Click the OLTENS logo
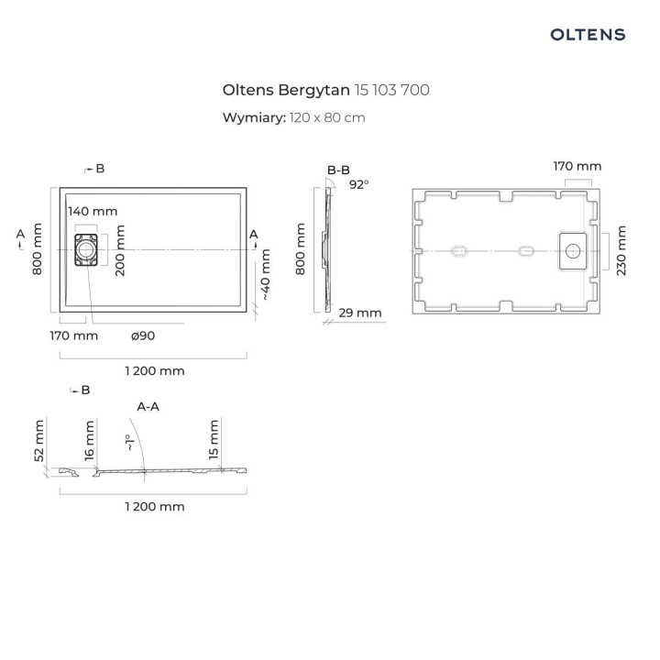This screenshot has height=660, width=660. [588, 35]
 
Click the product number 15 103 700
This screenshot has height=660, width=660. [392, 90]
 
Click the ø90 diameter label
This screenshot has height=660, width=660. [144, 335]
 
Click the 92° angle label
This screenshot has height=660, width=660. [358, 184]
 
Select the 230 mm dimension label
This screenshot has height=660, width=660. [621, 250]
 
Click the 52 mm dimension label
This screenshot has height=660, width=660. [39, 442]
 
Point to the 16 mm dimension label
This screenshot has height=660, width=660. [89, 442]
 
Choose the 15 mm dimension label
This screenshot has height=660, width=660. [214, 441]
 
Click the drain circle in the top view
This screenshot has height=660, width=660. [85, 248]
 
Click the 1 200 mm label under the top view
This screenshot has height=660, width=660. [154, 370]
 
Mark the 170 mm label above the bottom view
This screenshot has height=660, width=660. [577, 166]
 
